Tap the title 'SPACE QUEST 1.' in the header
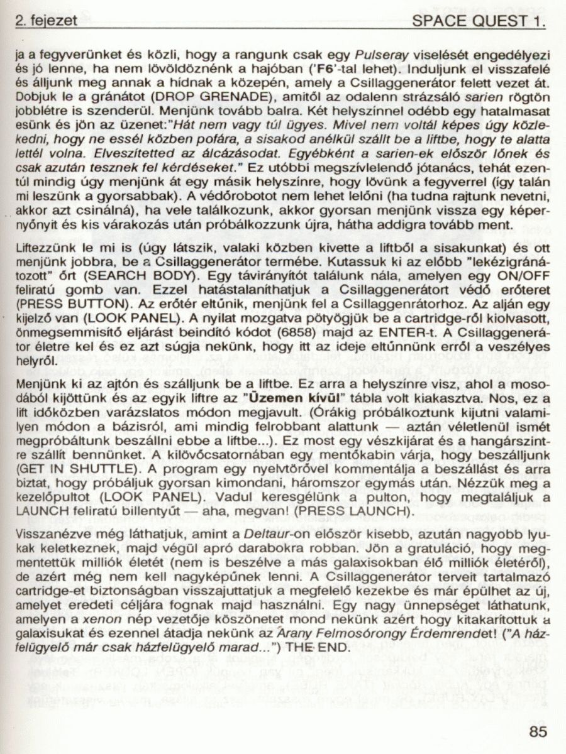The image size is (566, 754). point(479,21)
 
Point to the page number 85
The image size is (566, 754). point(538,731)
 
